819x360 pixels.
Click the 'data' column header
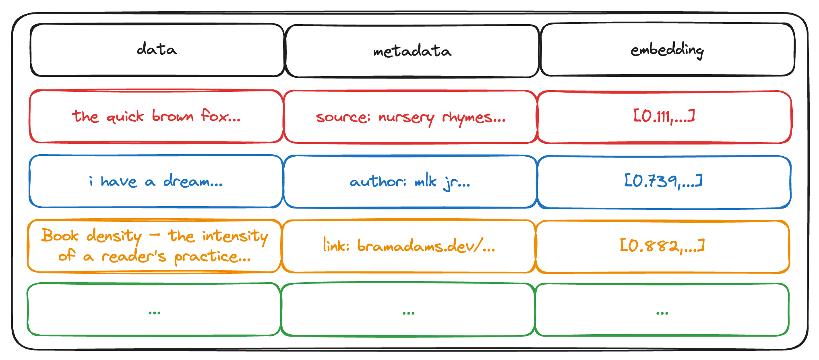click(157, 50)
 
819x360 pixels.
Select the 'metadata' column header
click(412, 51)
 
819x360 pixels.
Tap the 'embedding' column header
click(667, 50)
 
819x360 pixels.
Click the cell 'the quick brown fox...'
click(156, 116)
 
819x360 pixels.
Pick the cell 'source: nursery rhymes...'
click(410, 117)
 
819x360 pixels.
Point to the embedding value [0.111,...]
click(664, 116)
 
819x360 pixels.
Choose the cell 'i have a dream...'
click(156, 182)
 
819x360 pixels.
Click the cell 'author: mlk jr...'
click(410, 182)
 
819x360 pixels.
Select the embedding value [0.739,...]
click(664, 181)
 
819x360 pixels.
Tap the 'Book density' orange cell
click(154, 246)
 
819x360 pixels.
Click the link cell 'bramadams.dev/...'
click(409, 246)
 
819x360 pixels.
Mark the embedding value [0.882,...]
click(662, 246)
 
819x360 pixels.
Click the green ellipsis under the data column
click(154, 312)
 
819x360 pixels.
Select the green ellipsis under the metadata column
click(408, 312)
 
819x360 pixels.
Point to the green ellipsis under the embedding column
click(662, 312)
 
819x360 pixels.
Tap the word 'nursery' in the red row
click(406, 118)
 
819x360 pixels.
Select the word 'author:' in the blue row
click(378, 182)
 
